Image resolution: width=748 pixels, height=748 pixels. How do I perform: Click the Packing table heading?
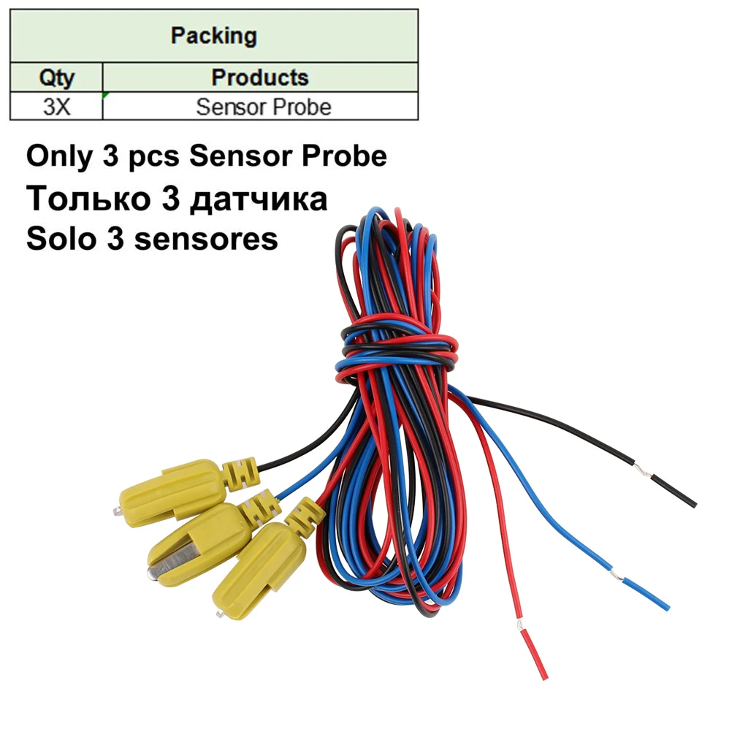[213, 36]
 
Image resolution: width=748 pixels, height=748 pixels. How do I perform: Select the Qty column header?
[56, 77]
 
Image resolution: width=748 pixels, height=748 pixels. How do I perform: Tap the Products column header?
[260, 77]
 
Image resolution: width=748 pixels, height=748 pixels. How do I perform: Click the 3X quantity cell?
[56, 107]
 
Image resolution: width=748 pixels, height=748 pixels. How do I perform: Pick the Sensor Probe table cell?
[263, 107]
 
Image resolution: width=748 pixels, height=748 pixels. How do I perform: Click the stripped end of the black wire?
[673, 490]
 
